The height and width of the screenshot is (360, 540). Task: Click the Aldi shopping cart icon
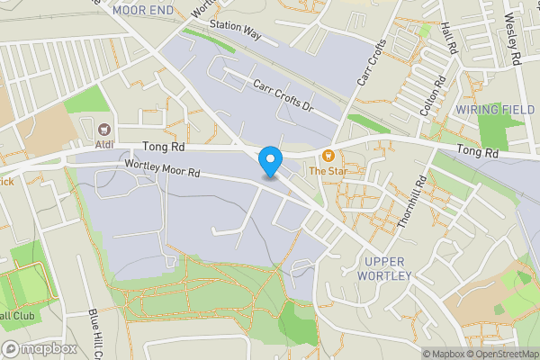105,129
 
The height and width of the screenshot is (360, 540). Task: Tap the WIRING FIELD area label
493,109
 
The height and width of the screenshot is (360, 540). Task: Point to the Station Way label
234,31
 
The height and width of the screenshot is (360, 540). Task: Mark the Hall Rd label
451,38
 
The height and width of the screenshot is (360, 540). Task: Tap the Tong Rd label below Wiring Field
477,153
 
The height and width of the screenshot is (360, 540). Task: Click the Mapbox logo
40,348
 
